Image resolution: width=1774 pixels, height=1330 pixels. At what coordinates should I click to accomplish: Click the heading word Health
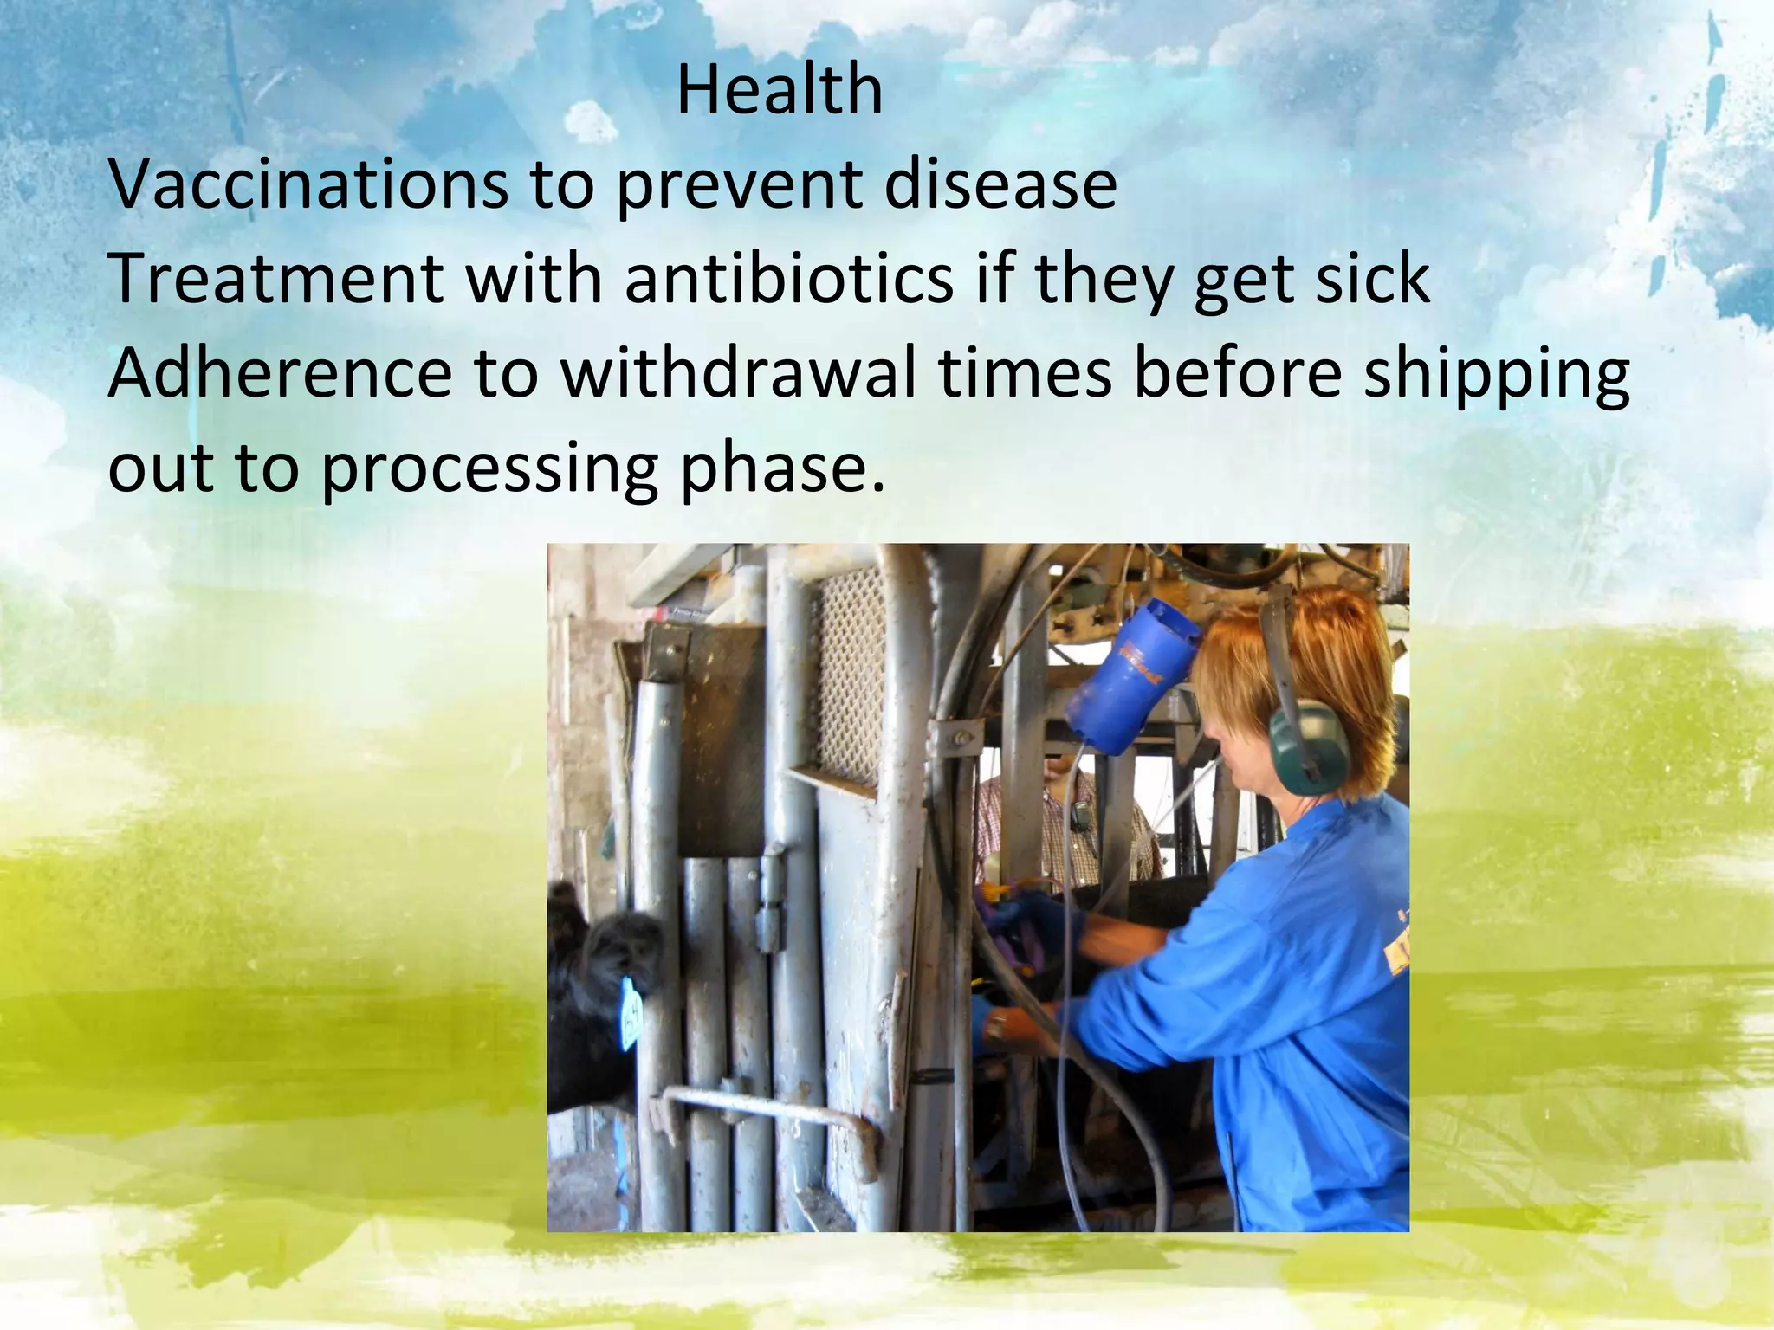point(779,90)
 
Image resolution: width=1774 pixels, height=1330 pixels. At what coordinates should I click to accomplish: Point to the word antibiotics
point(788,279)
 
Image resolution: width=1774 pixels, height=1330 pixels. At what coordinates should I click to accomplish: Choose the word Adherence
point(280,374)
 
